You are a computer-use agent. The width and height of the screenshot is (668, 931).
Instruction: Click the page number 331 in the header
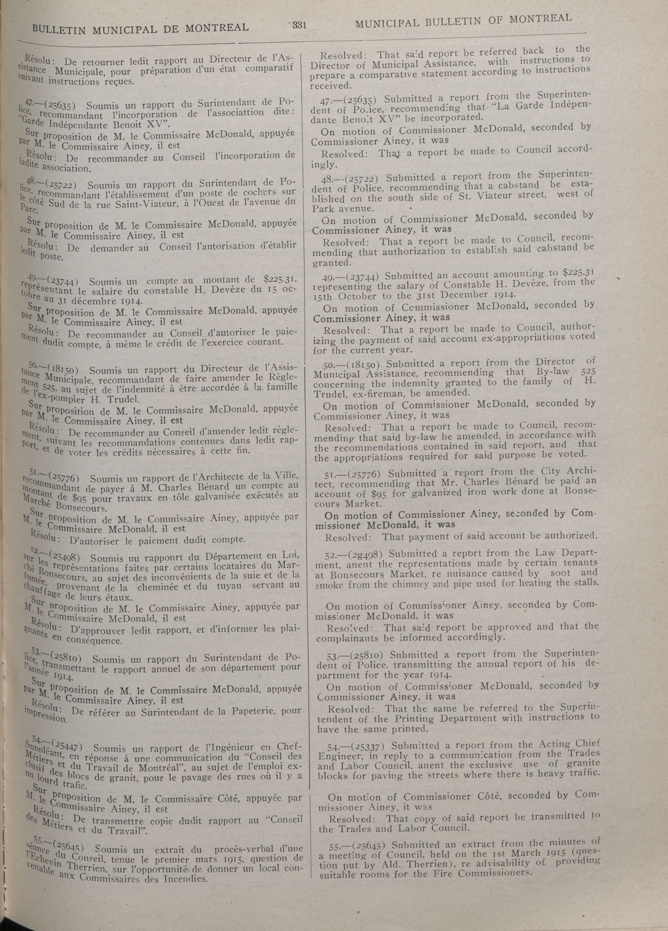299,26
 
